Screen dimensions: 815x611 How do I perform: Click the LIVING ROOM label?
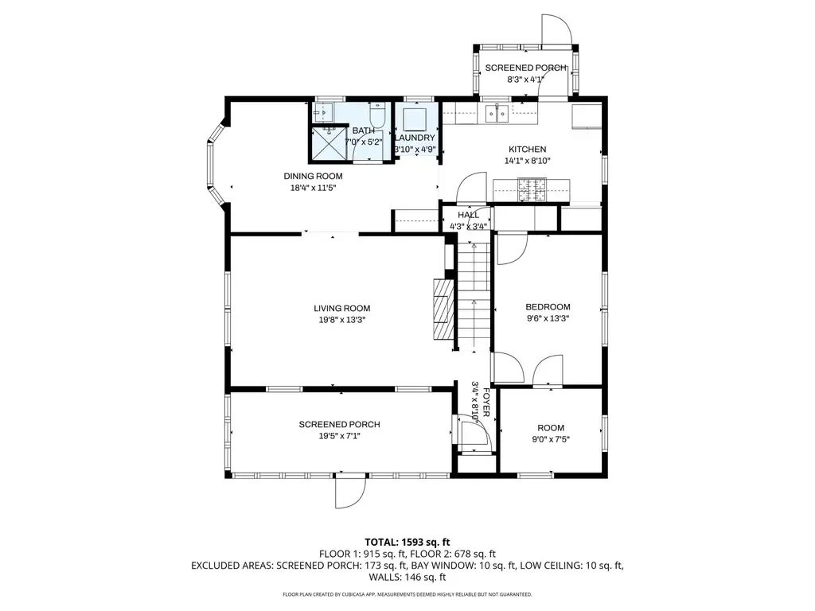pos(341,308)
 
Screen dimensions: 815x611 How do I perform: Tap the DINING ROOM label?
pos(313,176)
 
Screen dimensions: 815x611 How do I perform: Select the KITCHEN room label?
pos(527,149)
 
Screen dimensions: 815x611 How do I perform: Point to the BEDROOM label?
pos(548,307)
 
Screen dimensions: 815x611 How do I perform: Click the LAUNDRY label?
pos(415,138)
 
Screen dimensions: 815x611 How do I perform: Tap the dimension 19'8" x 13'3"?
pos(341,320)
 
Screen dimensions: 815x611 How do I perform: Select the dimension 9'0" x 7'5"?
pos(551,439)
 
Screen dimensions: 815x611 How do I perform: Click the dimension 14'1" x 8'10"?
pos(527,161)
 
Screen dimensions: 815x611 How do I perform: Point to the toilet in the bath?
pos(377,115)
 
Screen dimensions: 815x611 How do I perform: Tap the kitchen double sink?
pos(497,113)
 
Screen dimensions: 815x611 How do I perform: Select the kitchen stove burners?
pos(532,189)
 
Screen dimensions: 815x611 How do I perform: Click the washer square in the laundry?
pos(415,119)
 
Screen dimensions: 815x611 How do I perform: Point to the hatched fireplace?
pos(443,309)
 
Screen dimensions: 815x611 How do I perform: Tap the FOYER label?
pos(486,403)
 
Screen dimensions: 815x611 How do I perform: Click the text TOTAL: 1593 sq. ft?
pos(407,543)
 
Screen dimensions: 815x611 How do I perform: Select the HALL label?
pos(468,215)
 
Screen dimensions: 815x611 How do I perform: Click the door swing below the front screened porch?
pos(350,493)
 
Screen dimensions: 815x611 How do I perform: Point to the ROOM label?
pos(551,427)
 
